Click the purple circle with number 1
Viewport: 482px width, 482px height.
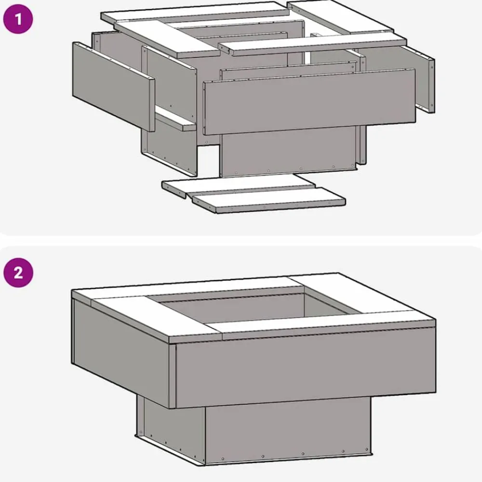[x=18, y=19]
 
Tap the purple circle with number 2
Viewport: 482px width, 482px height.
[x=18, y=273]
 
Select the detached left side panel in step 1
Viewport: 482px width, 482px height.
[x=113, y=86]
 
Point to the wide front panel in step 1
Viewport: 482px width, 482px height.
[x=309, y=101]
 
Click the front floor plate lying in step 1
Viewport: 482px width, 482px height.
[x=269, y=200]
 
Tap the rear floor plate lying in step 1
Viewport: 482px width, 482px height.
[x=239, y=186]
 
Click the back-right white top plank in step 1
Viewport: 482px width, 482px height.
[x=340, y=16]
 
